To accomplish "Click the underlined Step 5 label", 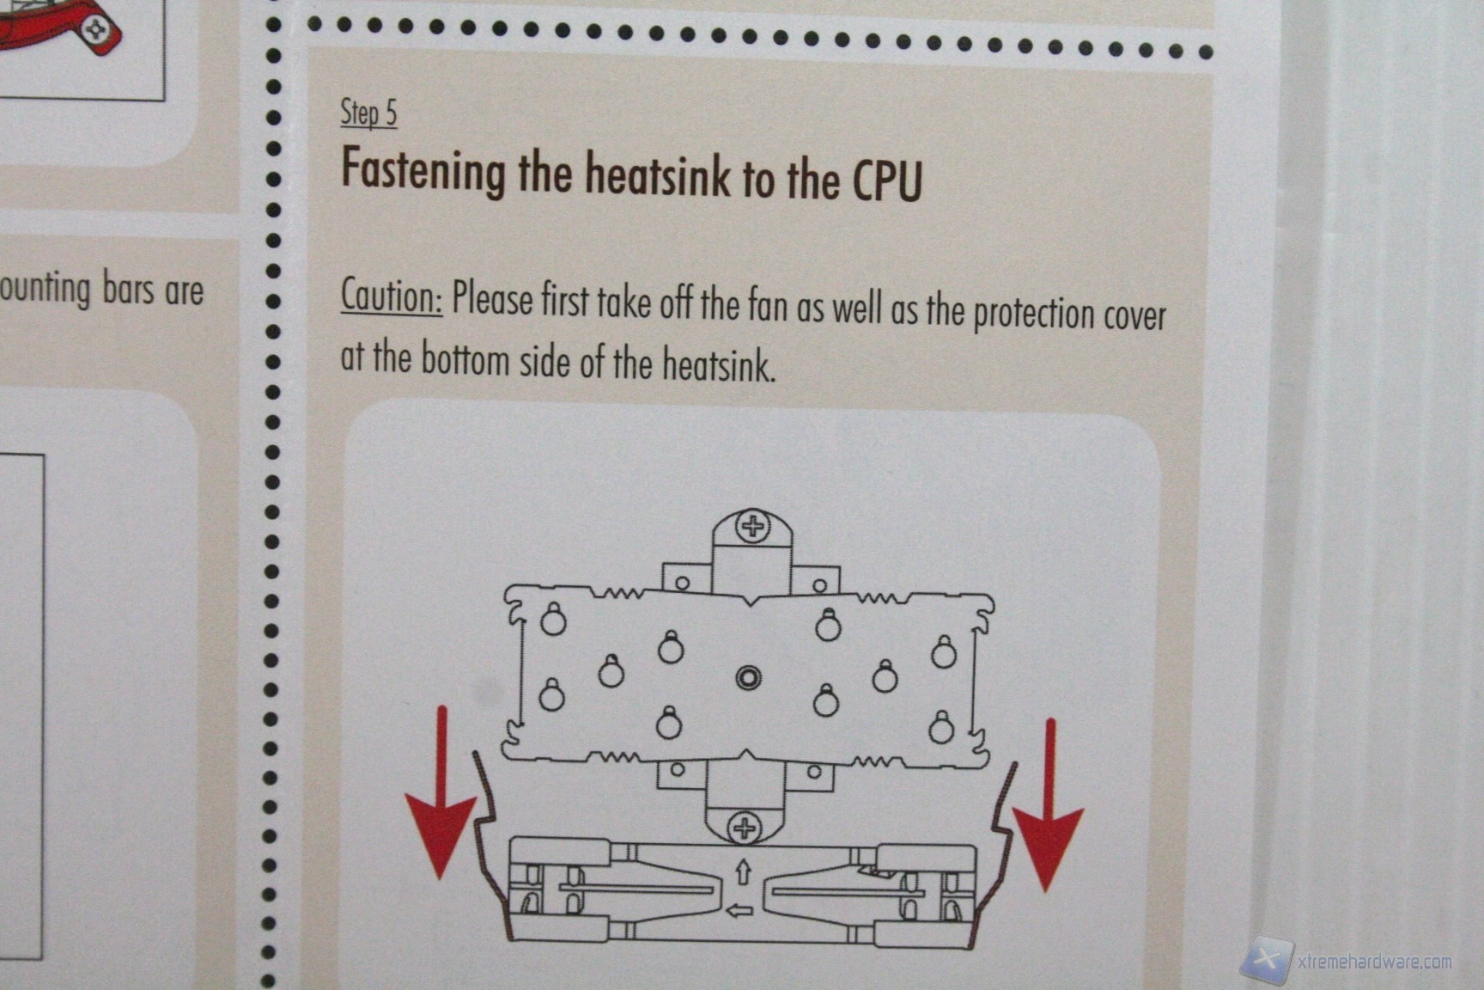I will pos(368,113).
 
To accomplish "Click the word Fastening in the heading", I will pos(423,169).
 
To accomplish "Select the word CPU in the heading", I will pos(887,180).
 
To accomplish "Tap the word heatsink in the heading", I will pos(658,174).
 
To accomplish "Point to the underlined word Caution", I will pos(392,296).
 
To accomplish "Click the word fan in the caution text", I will pos(767,306).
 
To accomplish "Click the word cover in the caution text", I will pos(1134,316).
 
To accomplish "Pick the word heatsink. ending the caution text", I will pos(718,365).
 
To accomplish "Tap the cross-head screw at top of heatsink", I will pos(753,526).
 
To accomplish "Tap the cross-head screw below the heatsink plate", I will pos(744,828).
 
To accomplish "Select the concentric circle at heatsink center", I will pos(748,678).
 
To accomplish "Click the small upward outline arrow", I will pos(743,872).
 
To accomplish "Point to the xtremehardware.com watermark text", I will pos(1374,962).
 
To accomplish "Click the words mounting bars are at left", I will pos(101,290).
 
